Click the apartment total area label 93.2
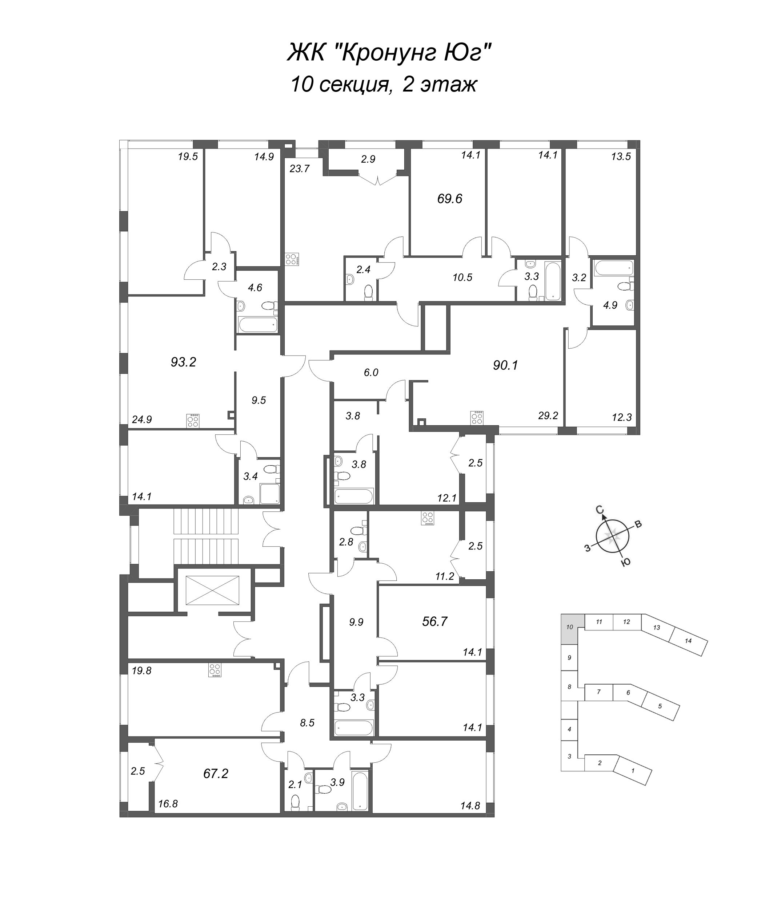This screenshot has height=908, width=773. point(183,362)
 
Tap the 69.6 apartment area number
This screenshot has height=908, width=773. point(450,199)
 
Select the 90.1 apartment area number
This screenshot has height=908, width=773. point(505,365)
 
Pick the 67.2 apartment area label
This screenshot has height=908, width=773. point(216,774)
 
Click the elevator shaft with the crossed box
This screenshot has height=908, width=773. point(213,590)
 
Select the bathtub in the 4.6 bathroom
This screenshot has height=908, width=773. point(258,325)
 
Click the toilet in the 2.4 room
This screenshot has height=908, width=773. point(369,292)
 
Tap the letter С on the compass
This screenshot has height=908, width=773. point(600,510)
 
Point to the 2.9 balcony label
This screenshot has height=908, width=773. point(368,159)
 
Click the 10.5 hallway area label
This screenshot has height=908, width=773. point(462,277)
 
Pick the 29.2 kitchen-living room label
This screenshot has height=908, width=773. point(548,416)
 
